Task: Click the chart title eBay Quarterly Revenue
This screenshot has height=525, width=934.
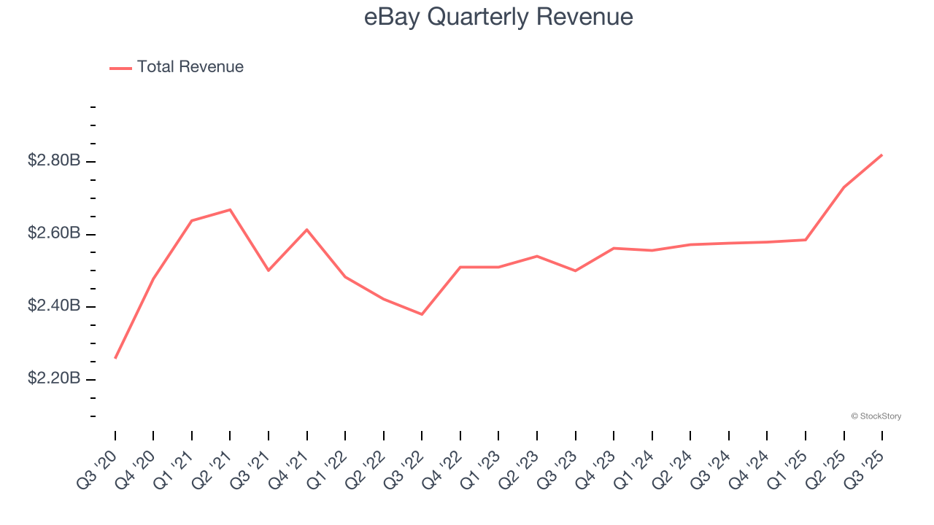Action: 498,17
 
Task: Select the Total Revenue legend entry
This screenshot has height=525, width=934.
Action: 190,67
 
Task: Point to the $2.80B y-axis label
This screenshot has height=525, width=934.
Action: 54,160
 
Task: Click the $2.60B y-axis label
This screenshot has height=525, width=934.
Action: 54,233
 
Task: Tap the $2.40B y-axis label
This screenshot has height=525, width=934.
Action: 54,306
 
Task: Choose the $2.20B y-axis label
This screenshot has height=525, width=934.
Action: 54,379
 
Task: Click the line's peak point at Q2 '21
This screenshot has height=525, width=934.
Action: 230,210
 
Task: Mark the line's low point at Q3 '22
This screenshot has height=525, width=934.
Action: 422,314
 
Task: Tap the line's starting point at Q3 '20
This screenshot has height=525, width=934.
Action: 115,358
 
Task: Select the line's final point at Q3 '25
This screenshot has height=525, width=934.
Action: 881,155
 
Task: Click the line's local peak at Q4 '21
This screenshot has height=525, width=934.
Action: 307,230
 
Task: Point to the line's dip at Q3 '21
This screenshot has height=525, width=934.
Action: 269,271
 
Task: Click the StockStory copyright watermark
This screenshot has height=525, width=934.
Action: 876,416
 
